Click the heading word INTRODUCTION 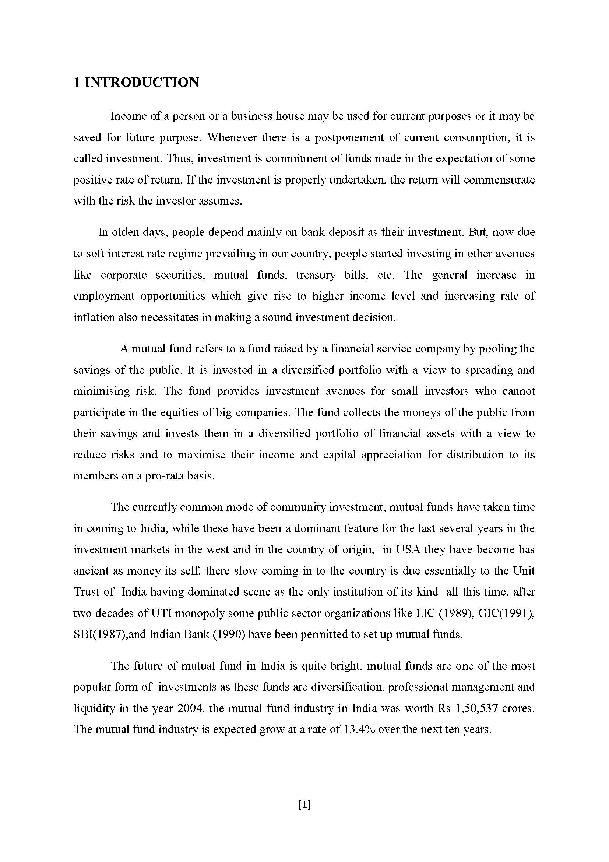(142, 83)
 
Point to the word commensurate (499, 180)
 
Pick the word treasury (316, 275)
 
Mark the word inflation (94, 317)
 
